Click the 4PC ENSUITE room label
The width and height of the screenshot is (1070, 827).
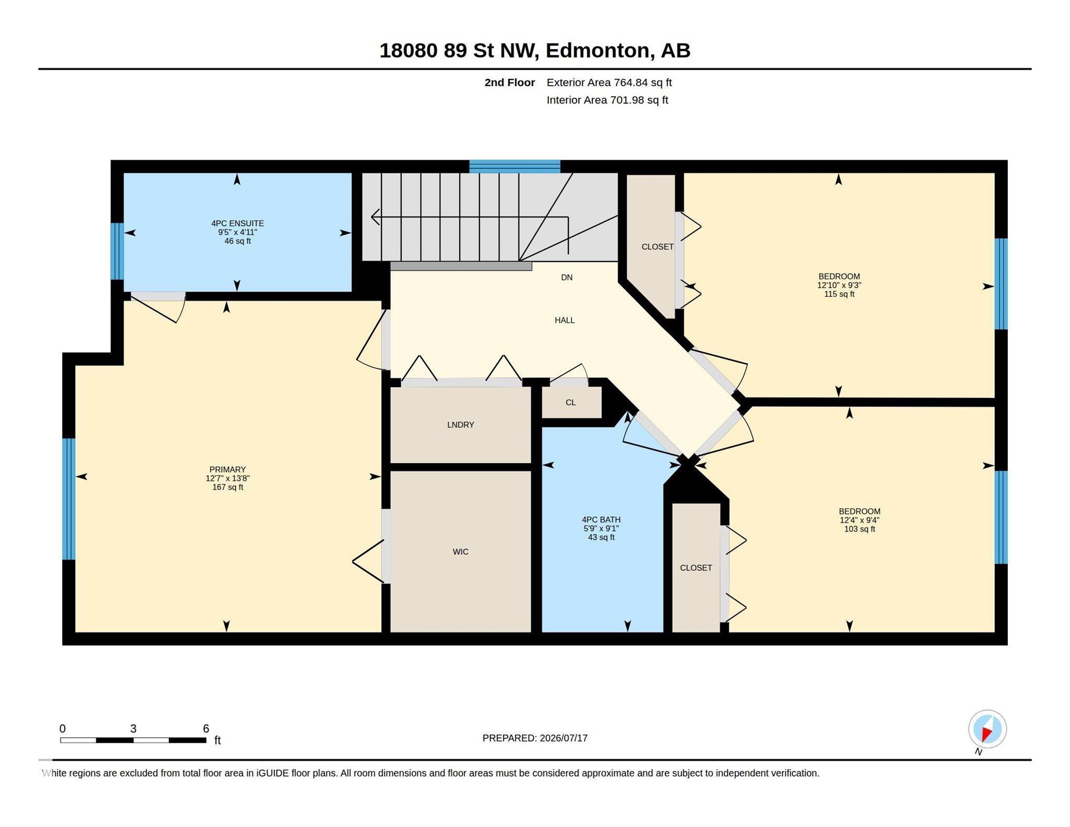coord(237,223)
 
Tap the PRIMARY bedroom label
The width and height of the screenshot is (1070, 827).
coord(227,469)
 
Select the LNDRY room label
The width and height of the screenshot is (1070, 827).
coord(460,425)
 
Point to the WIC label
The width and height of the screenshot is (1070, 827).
coord(460,552)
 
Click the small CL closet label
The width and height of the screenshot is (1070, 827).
coord(571,402)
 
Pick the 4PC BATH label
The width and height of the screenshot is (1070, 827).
coord(601,519)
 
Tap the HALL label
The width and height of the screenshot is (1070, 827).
coord(564,320)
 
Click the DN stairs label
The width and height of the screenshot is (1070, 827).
coord(567,277)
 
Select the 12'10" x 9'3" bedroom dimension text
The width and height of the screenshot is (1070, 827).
coord(839,285)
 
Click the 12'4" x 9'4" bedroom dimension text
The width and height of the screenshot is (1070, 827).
coord(859,520)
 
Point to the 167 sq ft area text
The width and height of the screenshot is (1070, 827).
coord(227,487)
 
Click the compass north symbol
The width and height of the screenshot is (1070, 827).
coord(987,730)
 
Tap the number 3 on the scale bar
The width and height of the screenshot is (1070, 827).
coord(133,728)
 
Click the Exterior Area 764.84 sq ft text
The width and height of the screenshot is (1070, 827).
coord(609,83)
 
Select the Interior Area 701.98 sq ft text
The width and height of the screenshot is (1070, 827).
coord(607,100)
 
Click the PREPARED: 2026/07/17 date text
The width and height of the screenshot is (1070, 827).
coord(535,738)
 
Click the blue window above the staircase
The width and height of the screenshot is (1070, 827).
coord(515,166)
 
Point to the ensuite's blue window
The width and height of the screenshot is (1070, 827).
coord(117,251)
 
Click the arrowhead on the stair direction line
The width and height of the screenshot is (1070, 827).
coord(375,217)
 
